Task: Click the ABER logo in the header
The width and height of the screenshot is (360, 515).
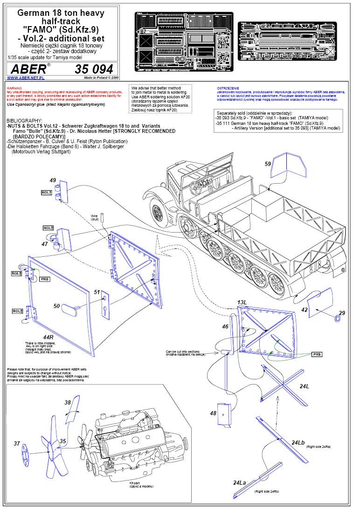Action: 28,69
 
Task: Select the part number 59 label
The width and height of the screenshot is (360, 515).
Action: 268,164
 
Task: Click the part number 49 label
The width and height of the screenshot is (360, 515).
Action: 53,180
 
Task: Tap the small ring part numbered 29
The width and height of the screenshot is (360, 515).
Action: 336,319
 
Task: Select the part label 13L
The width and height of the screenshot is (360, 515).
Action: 242,303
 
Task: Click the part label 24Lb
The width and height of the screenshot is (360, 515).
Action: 298,442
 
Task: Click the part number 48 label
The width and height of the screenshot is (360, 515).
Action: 213,413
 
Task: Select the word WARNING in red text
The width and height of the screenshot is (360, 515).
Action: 14,88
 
